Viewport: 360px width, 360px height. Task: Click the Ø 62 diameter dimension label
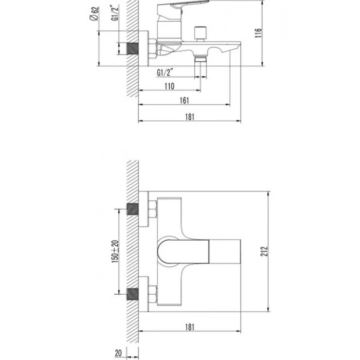(x=94, y=14)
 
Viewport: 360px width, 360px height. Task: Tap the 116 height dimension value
(x=258, y=33)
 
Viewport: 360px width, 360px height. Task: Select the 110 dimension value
(x=169, y=86)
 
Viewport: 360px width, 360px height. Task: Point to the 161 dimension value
(x=184, y=100)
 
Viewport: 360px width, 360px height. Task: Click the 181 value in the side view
(x=190, y=117)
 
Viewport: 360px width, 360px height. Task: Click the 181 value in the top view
(x=190, y=327)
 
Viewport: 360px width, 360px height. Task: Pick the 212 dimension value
(x=264, y=251)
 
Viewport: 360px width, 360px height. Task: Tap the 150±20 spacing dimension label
(x=115, y=251)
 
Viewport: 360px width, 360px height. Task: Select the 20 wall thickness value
(x=118, y=353)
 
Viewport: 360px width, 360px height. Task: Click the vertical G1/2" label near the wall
(x=115, y=13)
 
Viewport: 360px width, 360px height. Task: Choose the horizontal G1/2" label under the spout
(x=165, y=73)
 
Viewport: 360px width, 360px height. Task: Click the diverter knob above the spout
(x=201, y=34)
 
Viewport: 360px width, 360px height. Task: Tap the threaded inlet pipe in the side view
(x=133, y=49)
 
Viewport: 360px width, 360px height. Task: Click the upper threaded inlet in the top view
(x=133, y=209)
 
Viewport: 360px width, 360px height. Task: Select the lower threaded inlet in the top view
(x=133, y=294)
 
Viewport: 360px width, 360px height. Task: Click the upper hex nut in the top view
(x=153, y=209)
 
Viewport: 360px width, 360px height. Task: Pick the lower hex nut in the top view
(x=153, y=294)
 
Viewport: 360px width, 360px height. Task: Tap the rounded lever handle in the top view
(x=183, y=251)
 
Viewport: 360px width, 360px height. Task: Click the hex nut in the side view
(x=152, y=49)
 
